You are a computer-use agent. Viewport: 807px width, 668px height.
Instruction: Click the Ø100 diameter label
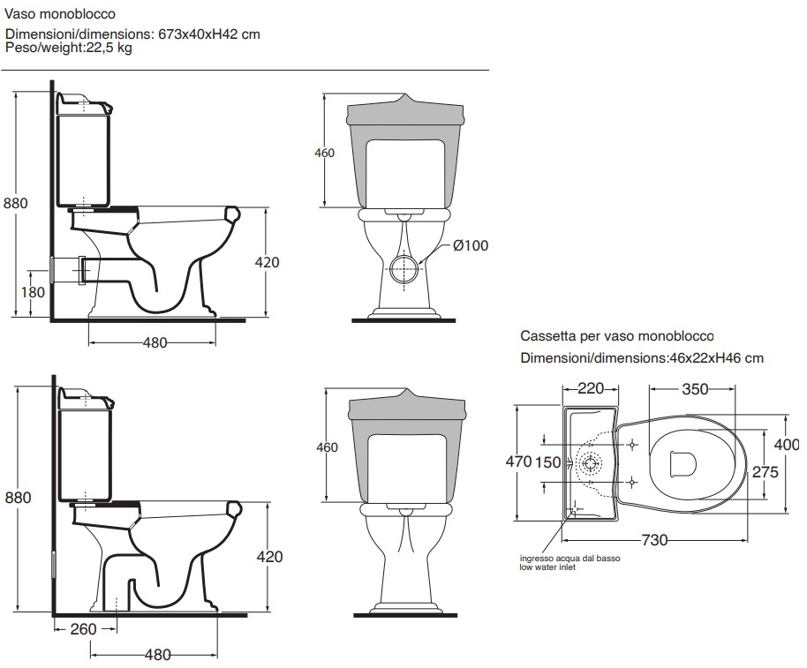coord(470,246)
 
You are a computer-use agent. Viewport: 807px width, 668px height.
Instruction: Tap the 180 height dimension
coord(32,292)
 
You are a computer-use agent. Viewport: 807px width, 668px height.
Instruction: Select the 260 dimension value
coord(83,629)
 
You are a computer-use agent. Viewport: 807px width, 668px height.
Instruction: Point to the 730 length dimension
coord(653,540)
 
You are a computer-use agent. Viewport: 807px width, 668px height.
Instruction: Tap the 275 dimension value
coord(765,472)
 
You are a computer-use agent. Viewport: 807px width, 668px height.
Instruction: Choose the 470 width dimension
coord(519,462)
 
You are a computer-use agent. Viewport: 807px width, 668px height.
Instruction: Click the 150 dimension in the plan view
coord(547,462)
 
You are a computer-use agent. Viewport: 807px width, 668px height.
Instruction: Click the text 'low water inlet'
coord(547,568)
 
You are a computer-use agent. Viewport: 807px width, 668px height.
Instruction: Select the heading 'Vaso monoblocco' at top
coord(59,15)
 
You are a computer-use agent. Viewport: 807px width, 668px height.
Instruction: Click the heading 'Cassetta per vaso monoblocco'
coord(616,336)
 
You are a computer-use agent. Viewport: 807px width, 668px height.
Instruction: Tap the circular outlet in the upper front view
coord(403,266)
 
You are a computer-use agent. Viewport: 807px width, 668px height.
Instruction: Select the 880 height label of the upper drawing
coord(17,203)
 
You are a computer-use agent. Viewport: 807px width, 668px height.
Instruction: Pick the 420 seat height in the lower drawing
coord(269,557)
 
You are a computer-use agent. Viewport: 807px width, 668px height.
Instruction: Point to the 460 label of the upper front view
coord(325,154)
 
